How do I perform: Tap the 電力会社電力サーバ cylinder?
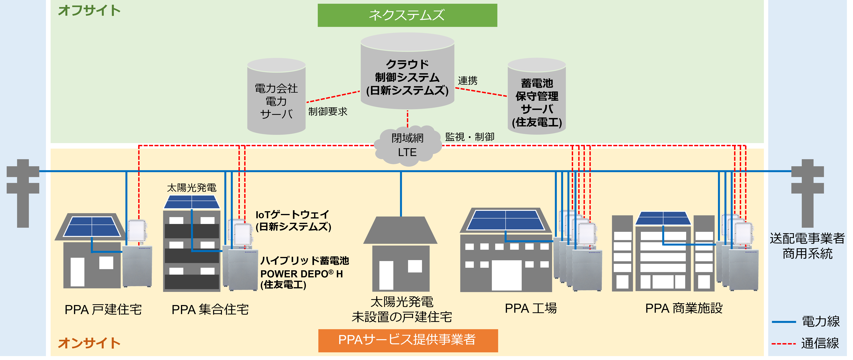(x=276, y=99)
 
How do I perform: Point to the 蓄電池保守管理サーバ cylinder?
(x=536, y=99)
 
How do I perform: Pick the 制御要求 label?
(x=328, y=112)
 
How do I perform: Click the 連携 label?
(x=468, y=80)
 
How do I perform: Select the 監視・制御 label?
(x=469, y=137)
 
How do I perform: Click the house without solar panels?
(x=400, y=255)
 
